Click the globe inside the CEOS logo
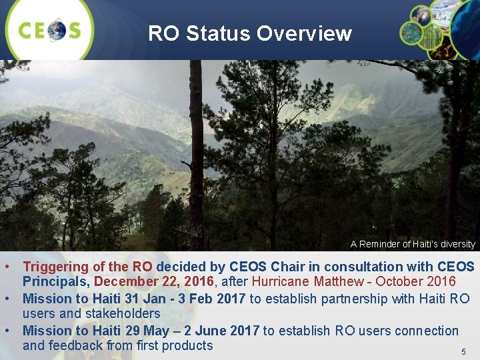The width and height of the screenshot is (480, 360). click(x=57, y=30)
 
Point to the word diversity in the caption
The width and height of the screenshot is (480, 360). click(x=456, y=245)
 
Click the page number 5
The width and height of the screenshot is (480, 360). click(x=464, y=351)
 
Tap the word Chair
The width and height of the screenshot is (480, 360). click(x=304, y=267)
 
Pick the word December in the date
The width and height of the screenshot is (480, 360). click(x=125, y=282)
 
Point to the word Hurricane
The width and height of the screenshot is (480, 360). click(x=281, y=282)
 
